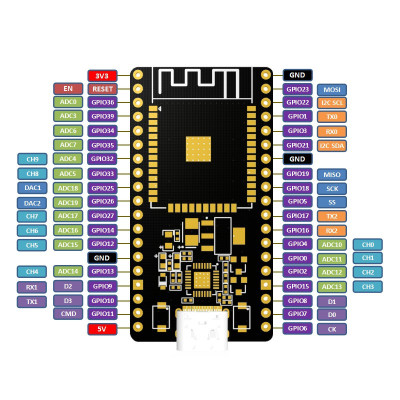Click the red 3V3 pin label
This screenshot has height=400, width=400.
tap(102, 75)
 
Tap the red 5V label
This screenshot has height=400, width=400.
tap(102, 328)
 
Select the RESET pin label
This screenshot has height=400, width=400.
tap(102, 88)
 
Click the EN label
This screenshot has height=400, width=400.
tap(67, 88)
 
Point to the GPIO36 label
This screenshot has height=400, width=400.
tap(102, 102)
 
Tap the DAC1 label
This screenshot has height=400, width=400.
tap(33, 188)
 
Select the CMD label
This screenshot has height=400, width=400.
tap(67, 314)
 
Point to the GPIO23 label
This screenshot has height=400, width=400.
tap(297, 89)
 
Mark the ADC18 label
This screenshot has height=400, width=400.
tap(67, 188)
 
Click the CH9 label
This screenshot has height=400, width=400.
tap(33, 159)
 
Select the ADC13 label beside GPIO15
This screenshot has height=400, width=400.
tap(333, 286)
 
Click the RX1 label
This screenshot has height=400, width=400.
tap(33, 286)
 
